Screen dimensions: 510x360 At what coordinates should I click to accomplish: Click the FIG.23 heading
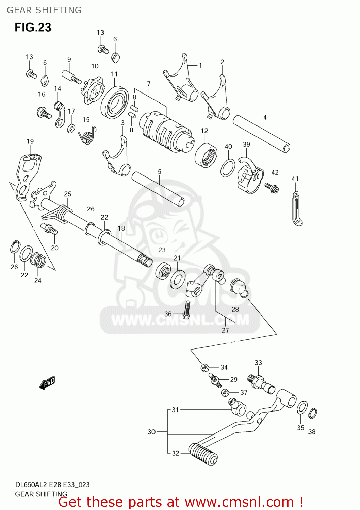tap(33, 27)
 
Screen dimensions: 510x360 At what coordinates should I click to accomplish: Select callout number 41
tap(295, 179)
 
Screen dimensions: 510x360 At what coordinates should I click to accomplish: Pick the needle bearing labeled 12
tap(206, 155)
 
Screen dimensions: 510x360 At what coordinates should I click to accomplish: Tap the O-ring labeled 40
tap(228, 168)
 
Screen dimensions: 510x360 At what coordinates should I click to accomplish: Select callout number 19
tap(30, 141)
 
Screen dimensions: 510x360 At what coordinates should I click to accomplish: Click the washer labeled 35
tap(302, 408)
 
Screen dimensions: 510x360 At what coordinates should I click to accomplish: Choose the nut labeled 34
tap(204, 368)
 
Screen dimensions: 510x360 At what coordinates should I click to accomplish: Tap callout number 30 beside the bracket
tap(151, 432)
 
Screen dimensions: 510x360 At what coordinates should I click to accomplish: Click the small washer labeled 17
tap(71, 129)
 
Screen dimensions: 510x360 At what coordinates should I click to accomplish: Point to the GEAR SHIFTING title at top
tap(44, 10)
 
